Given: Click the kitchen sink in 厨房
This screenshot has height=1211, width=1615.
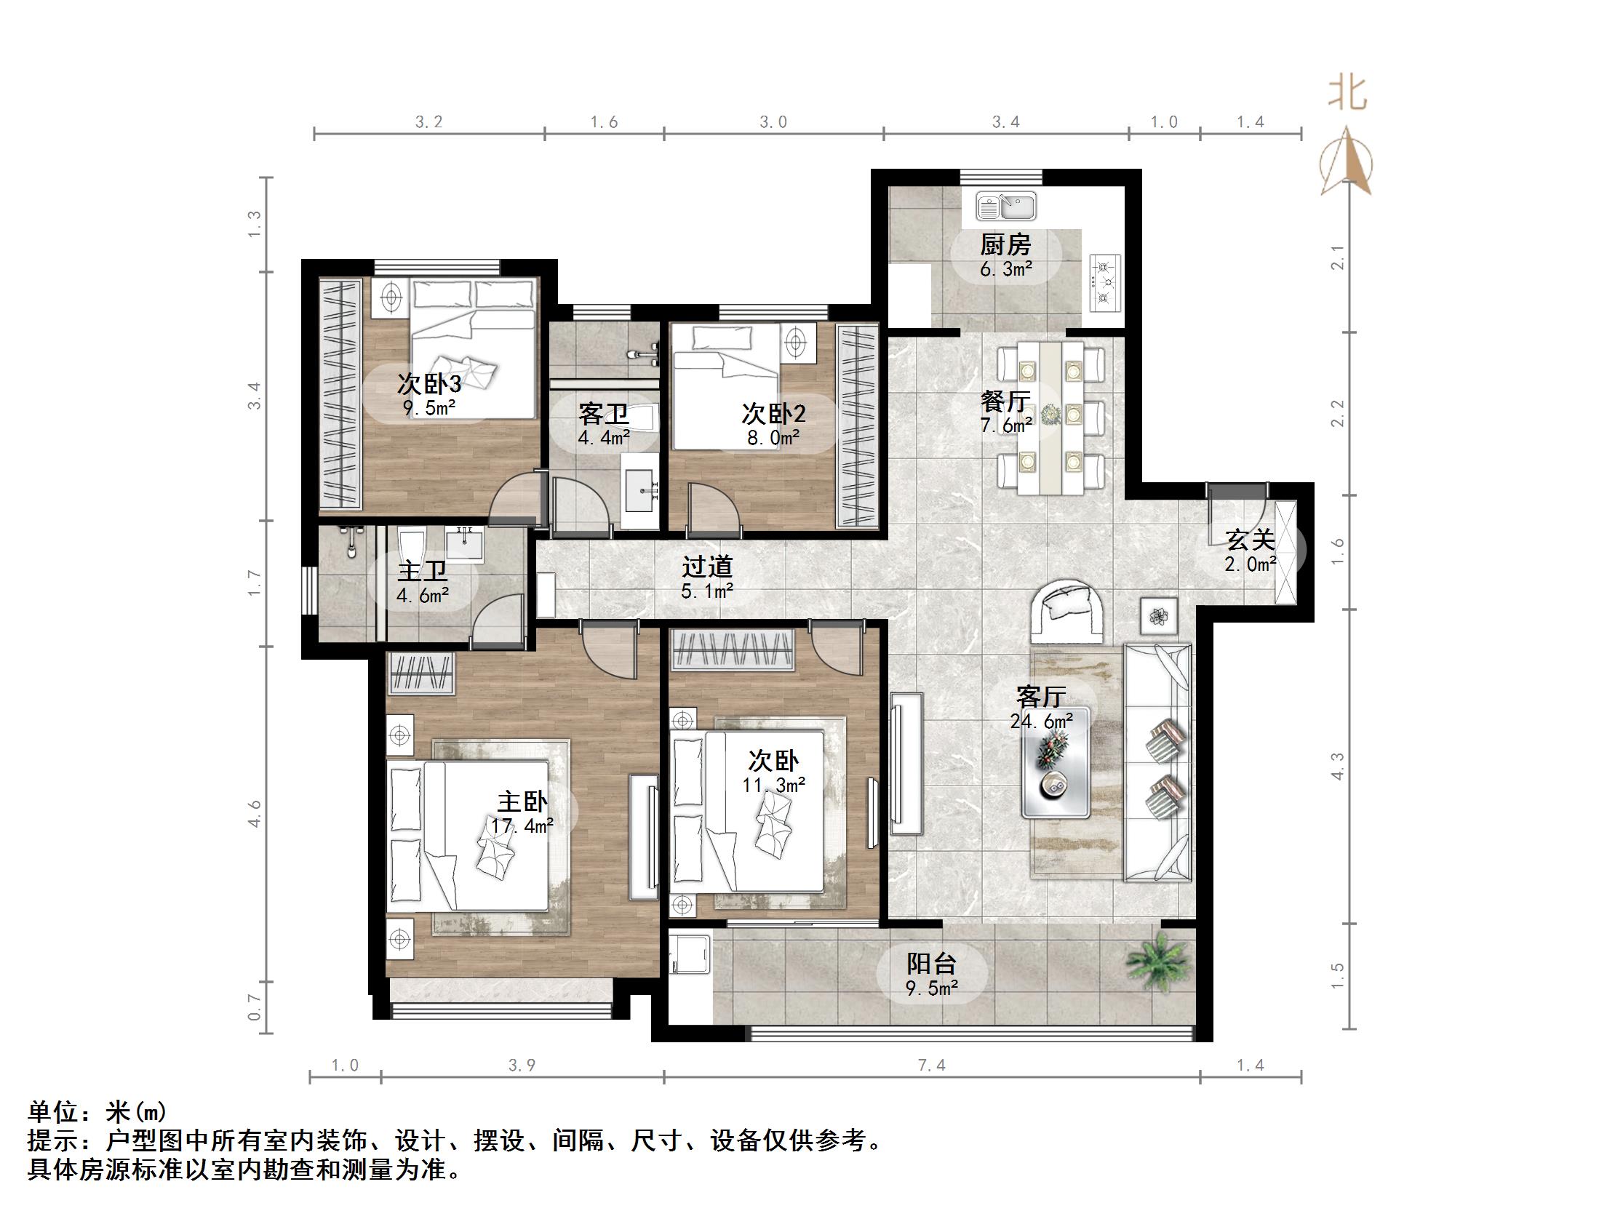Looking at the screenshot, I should coord(1006,207).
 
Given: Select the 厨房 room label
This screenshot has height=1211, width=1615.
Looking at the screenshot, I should coord(1005,244).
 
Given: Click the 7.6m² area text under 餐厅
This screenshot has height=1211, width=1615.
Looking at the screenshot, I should coord(1006,425).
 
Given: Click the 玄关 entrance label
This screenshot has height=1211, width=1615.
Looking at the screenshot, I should coord(1250,540).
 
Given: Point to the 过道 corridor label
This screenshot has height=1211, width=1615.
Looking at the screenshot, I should coord(707,567).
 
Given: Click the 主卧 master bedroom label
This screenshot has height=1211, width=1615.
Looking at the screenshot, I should coord(522,802).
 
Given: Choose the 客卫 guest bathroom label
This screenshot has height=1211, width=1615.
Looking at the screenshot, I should coord(603,415).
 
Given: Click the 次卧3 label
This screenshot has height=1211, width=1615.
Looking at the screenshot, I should coord(428,384).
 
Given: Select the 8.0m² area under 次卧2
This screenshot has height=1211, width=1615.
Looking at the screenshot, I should coord(773,437).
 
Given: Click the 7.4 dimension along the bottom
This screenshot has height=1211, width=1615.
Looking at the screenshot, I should coord(932,1066).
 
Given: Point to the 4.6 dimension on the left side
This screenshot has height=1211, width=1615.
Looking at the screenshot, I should coord(254,813).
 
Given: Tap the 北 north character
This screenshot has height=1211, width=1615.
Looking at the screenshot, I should coord(1347,93).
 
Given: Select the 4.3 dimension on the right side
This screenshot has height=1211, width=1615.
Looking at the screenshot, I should coord(1338,766).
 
